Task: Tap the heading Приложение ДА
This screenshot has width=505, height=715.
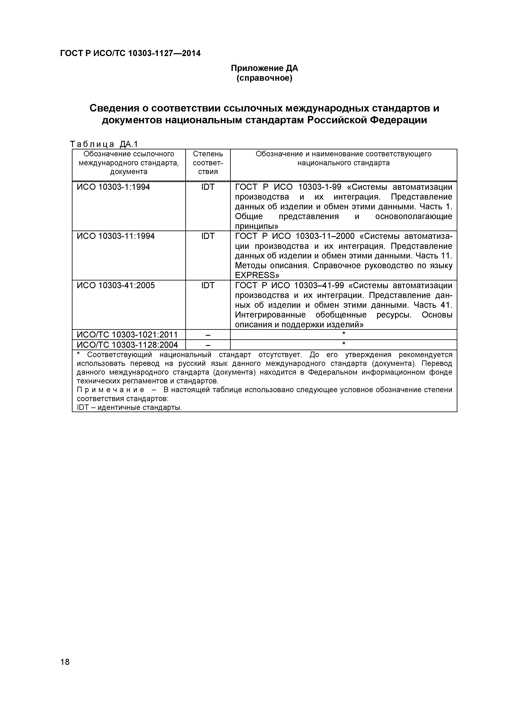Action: (265, 68)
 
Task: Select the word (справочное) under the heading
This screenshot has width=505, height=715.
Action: (265, 78)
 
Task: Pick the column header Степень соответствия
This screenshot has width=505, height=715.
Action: (208, 163)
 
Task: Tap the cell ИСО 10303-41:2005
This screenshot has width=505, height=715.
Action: (115, 285)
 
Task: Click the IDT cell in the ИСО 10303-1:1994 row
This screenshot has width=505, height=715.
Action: (208, 187)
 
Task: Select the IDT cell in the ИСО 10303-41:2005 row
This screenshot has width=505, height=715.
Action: (208, 285)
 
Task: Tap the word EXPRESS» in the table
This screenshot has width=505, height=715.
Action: (257, 275)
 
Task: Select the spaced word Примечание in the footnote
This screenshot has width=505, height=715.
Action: (110, 390)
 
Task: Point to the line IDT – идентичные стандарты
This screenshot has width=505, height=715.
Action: (129, 407)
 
